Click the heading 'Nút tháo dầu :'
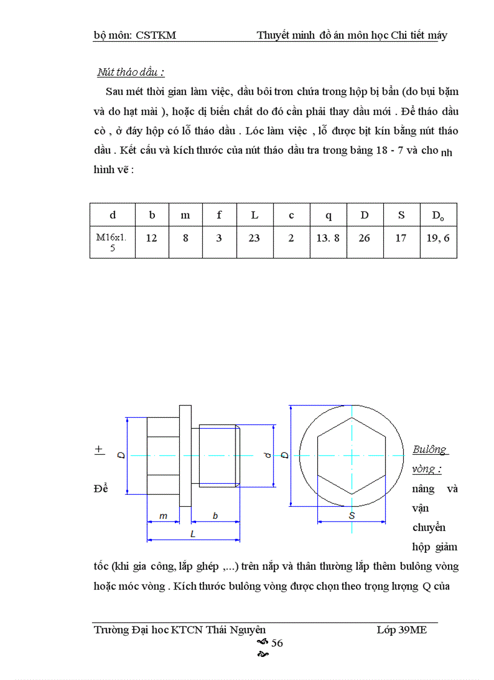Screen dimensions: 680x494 (x=131, y=72)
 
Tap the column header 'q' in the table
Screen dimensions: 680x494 (x=328, y=215)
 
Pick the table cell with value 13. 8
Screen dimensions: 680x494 (x=328, y=238)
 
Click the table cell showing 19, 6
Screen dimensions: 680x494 (x=438, y=238)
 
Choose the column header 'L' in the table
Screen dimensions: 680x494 (x=254, y=215)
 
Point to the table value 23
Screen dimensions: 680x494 (x=254, y=238)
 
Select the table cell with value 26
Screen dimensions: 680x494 (x=364, y=238)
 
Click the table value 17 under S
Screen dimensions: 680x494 (x=401, y=238)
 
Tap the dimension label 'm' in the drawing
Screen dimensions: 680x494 (x=163, y=516)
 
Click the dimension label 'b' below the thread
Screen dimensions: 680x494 (x=215, y=516)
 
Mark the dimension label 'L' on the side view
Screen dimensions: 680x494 (x=193, y=535)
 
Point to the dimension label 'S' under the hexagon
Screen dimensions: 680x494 (x=352, y=515)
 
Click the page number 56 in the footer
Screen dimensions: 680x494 (x=277, y=643)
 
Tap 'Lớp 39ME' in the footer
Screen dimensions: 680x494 (x=401, y=630)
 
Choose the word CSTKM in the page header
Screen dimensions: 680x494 (x=156, y=35)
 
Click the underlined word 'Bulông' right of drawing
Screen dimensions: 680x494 (x=429, y=449)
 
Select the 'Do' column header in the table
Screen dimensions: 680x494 (x=438, y=216)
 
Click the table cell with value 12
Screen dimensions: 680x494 (x=151, y=238)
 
